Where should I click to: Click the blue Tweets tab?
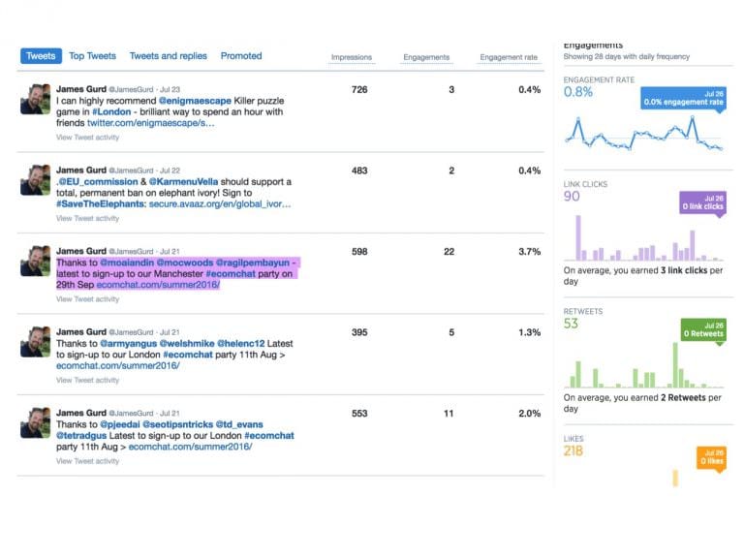click(x=41, y=56)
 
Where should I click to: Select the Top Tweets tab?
click(x=92, y=56)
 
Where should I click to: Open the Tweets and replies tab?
click(x=168, y=56)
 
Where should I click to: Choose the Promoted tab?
click(x=241, y=56)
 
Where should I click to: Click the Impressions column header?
click(x=352, y=58)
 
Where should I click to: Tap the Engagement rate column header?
click(x=509, y=58)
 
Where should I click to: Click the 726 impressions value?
click(x=359, y=90)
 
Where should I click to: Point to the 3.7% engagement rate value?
click(x=529, y=252)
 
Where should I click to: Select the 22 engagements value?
click(x=449, y=252)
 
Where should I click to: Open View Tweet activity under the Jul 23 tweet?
click(x=87, y=138)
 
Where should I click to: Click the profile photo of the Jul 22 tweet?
click(x=36, y=180)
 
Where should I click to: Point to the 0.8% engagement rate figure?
click(x=578, y=92)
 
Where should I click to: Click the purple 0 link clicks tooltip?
click(x=701, y=202)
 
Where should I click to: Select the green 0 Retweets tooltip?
click(x=701, y=329)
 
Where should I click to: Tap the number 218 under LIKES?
click(x=573, y=450)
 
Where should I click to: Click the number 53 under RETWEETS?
click(x=571, y=324)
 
